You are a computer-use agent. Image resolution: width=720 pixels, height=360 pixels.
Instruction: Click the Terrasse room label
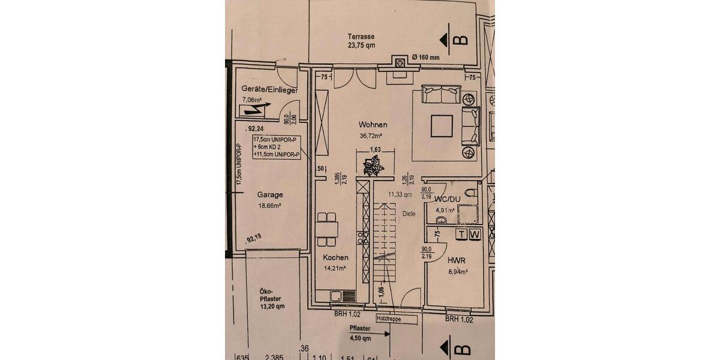[361, 35]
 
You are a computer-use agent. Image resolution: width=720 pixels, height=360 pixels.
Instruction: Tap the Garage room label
[270, 194]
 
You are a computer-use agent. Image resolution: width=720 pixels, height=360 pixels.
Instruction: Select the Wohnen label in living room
[373, 125]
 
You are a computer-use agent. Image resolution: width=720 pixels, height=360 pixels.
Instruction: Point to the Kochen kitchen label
[335, 258]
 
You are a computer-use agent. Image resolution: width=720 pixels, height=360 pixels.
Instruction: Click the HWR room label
[456, 260]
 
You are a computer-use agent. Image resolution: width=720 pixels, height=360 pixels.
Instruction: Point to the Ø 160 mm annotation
[426, 58]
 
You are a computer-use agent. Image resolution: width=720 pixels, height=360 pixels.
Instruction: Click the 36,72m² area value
[371, 136]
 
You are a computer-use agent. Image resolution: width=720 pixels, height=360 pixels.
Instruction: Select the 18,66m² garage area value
[269, 205]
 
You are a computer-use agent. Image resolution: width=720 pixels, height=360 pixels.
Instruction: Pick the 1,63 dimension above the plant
[376, 149]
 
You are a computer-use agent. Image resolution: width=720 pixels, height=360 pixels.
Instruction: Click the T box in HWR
[461, 234]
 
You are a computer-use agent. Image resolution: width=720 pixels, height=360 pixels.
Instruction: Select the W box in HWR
[473, 234]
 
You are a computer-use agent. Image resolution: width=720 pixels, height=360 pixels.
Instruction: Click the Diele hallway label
[409, 213]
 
